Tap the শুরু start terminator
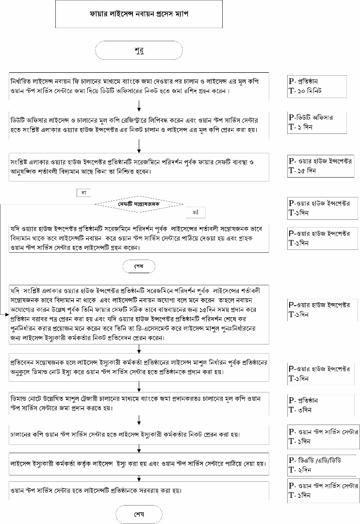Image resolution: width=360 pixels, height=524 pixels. pos(139,50)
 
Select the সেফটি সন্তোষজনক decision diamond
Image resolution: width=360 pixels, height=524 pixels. pos(139,204)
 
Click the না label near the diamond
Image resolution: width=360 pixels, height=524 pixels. pos(83,193)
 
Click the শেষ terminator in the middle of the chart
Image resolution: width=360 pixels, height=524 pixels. pos(139,266)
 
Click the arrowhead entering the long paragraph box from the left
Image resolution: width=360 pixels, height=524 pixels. pos(7,315)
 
